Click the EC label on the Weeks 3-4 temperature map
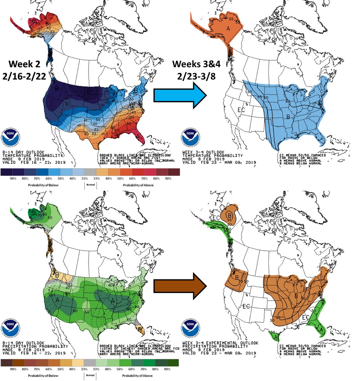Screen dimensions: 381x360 pos(242,110)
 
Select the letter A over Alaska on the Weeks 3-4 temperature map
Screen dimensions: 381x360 pos(228,28)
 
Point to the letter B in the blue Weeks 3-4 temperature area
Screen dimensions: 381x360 pos(288,117)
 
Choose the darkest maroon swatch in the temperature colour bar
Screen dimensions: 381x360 pos(174,172)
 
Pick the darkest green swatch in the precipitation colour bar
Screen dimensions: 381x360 pos(173,363)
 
